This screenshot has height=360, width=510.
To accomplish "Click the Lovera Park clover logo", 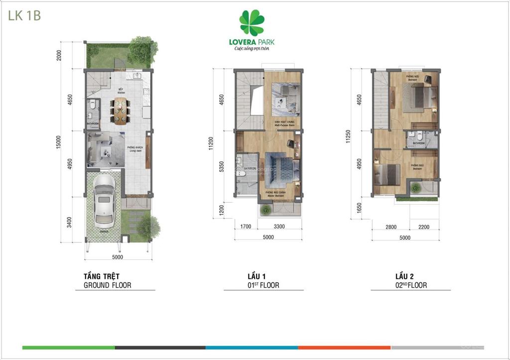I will tap(252, 23).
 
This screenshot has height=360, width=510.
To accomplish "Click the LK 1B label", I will tap(24, 15).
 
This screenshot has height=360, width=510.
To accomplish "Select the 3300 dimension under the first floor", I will tap(279, 227).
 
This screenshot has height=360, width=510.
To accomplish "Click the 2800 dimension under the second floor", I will tap(391, 227).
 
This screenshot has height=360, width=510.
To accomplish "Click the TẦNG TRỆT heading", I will tap(102, 276).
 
